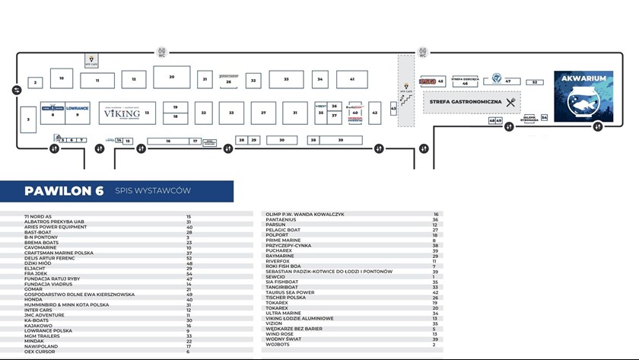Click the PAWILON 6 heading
(x=63, y=191)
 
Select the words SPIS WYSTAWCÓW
(x=152, y=191)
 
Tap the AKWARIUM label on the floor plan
(x=582, y=78)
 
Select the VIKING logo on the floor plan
(x=122, y=112)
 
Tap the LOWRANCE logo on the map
(x=77, y=108)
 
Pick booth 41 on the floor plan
(x=351, y=79)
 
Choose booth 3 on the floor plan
(x=28, y=119)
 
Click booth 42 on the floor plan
(x=374, y=112)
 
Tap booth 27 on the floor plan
(x=263, y=113)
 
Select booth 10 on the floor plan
(x=61, y=78)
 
